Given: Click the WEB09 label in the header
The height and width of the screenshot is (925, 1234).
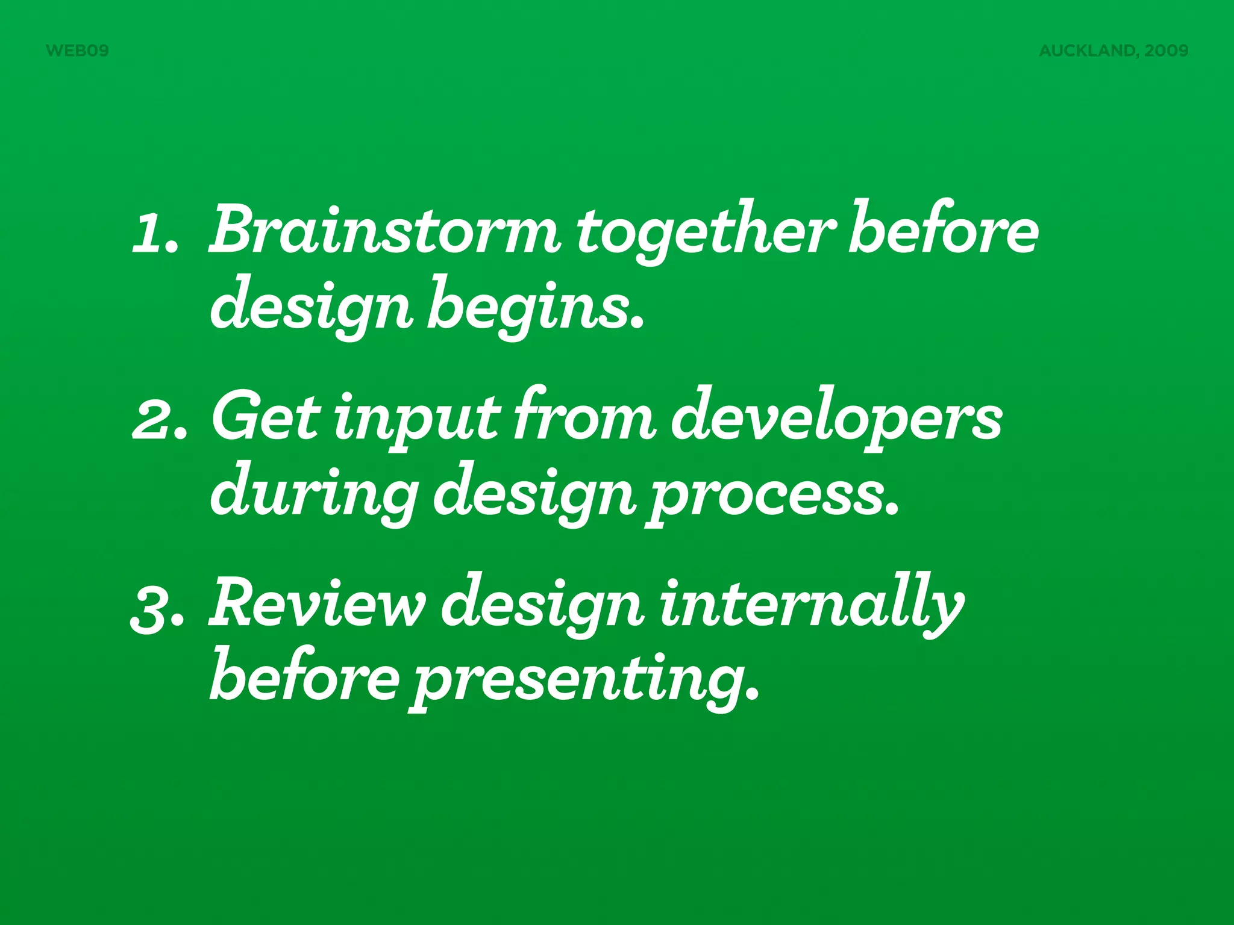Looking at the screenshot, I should pos(77,51).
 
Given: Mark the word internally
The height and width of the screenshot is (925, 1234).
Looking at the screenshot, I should pos(811,605).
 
